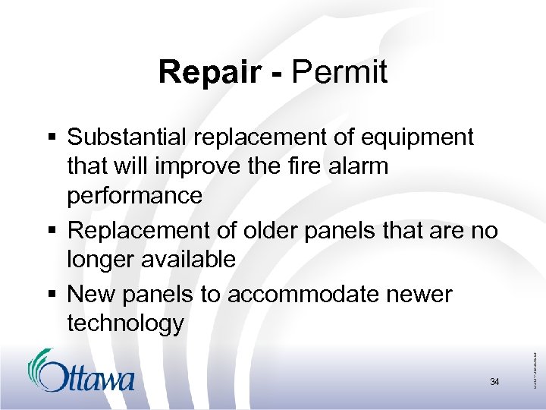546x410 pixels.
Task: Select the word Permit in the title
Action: tap(340, 73)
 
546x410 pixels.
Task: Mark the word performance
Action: tap(134, 196)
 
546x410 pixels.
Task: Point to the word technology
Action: tap(125, 324)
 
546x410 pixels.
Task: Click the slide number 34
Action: tap(494, 382)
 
